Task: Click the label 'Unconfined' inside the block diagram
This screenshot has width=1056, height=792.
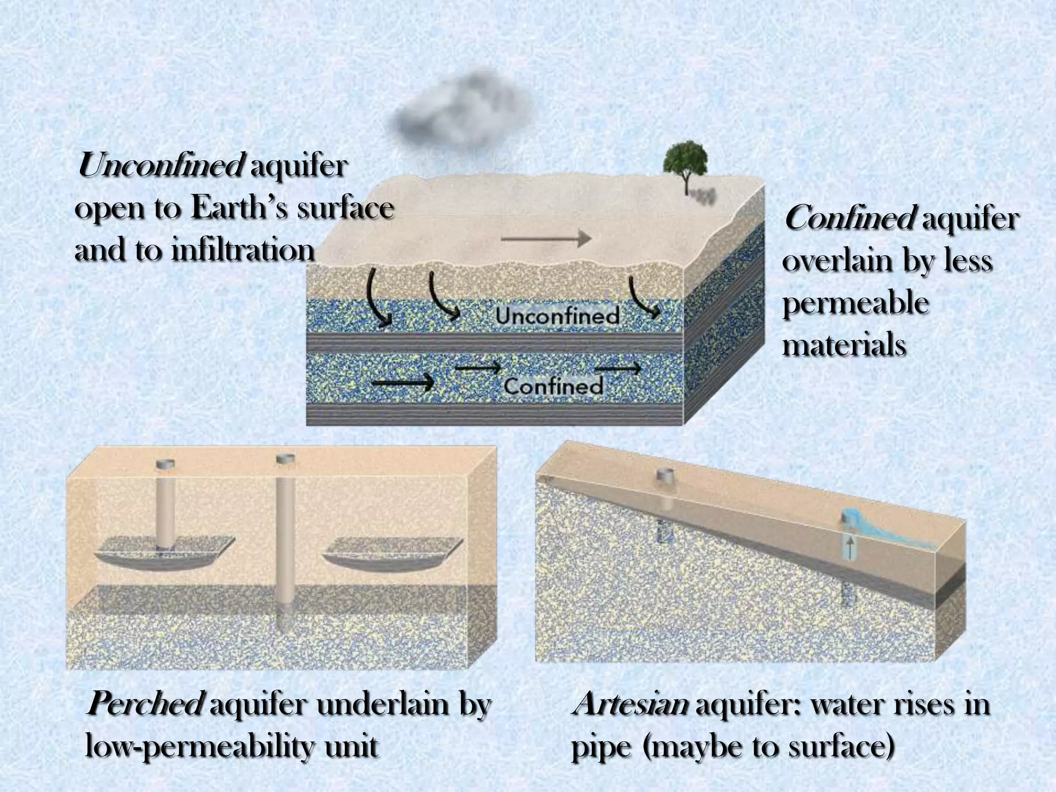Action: point(557,315)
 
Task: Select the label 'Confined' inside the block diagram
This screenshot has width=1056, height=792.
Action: point(553,386)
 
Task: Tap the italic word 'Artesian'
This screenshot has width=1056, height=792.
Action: point(630,703)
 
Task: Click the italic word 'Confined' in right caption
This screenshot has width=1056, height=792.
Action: point(849,219)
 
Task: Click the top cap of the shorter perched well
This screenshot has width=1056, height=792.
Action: point(165,464)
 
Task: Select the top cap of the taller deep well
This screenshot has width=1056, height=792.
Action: point(285,458)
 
